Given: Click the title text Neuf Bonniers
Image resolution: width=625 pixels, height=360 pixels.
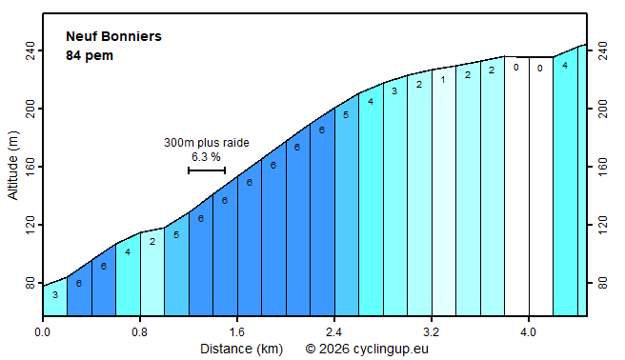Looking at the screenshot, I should [113, 37].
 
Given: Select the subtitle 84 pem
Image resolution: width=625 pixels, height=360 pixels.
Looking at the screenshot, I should [90, 55].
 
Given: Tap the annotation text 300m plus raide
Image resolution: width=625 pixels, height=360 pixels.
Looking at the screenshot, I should [207, 143].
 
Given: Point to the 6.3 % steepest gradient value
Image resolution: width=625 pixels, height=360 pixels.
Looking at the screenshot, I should [207, 156].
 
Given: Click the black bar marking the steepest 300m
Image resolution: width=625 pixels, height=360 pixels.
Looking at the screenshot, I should [207, 170].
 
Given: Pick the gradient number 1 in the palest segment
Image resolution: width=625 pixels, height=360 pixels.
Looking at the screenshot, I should [442, 80].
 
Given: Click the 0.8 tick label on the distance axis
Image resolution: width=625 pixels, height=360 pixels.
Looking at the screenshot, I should [140, 332].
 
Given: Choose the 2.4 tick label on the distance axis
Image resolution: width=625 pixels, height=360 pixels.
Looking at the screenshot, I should [334, 332].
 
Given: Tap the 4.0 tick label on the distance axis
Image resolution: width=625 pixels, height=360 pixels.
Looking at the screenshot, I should [529, 332].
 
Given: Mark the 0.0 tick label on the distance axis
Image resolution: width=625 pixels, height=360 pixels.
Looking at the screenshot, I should [43, 332].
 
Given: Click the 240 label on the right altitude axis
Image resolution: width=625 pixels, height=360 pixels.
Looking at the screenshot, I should [603, 50].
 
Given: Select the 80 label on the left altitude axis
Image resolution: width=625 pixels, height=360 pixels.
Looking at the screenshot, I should [29, 283].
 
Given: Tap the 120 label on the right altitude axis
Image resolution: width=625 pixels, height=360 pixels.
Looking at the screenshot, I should [603, 225].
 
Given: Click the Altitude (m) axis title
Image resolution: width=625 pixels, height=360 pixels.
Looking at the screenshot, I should [12, 167].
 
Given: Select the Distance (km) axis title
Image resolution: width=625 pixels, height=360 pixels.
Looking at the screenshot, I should [241, 350].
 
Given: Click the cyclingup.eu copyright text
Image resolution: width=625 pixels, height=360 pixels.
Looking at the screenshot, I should [368, 350].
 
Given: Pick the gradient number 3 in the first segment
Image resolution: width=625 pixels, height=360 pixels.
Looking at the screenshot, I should [55, 295].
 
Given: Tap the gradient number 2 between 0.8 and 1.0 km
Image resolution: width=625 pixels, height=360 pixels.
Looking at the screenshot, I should [152, 242].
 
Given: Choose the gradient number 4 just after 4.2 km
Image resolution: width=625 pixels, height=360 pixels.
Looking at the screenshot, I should [565, 66].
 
